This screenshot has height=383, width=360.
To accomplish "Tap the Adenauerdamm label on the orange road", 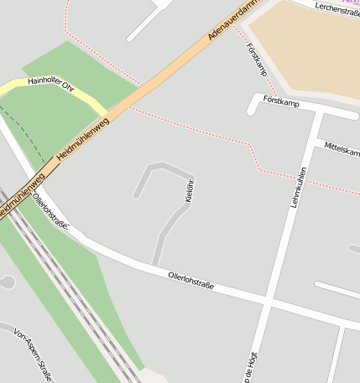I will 234,21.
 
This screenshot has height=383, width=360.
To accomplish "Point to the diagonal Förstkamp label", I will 258,59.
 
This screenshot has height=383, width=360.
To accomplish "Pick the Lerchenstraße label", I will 337,8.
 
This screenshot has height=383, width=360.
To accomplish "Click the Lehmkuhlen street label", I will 297,187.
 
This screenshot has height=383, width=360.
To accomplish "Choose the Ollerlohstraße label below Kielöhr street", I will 191,280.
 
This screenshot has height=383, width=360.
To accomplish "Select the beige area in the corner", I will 310,46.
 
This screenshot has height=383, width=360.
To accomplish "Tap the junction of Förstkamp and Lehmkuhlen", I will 317,110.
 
